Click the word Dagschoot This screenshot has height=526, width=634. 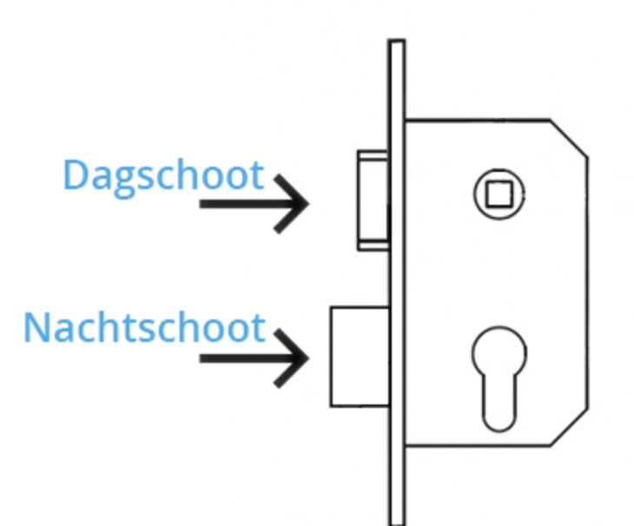tap(164, 176)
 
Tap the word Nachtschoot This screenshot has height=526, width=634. tap(144, 327)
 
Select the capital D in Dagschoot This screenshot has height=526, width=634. tap(76, 174)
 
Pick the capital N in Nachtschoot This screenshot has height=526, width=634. tap(37, 327)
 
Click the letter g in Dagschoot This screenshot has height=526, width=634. tap(123, 182)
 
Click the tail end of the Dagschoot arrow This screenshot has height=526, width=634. tap(200, 204)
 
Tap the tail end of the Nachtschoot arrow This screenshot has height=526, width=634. tap(200, 358)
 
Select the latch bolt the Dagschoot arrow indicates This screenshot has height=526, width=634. tap(373, 201)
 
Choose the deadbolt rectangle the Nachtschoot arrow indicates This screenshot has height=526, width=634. tap(360, 357)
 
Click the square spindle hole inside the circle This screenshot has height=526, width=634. tap(499, 194)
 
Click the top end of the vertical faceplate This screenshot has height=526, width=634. tap(397, 40)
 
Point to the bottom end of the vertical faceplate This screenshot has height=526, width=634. tap(397, 524)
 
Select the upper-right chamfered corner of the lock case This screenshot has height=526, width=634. tap(570, 138)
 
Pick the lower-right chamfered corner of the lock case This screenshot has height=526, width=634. tap(570, 427)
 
